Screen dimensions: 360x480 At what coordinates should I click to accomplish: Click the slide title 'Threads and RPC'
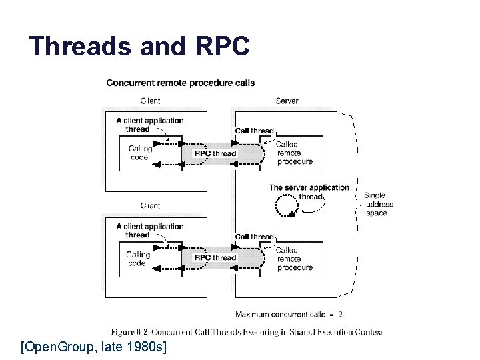click(x=139, y=47)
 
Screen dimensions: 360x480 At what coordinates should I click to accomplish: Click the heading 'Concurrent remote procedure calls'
click(x=180, y=83)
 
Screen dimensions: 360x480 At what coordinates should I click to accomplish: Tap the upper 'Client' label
click(x=150, y=101)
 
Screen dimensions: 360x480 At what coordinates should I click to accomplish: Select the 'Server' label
click(x=287, y=101)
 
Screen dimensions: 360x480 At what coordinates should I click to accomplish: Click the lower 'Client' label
click(x=150, y=205)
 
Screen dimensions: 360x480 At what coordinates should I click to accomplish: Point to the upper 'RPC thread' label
click(x=215, y=153)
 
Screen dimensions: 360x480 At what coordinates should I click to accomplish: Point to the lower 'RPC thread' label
click(x=215, y=257)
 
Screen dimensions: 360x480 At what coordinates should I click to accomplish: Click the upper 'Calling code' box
click(x=141, y=153)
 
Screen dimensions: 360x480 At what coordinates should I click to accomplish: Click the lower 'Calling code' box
click(x=139, y=258)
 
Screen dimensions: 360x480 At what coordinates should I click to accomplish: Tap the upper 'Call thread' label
click(x=254, y=131)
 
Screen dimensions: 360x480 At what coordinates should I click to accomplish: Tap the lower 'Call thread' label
click(x=254, y=237)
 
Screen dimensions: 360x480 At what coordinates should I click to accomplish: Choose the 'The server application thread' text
click(x=309, y=192)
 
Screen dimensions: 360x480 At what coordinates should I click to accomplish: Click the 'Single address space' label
click(x=378, y=205)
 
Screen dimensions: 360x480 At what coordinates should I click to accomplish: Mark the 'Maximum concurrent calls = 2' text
click(x=289, y=314)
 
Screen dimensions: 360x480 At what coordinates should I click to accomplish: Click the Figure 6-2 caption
click(x=247, y=331)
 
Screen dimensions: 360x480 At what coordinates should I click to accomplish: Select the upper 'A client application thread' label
click(x=149, y=125)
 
